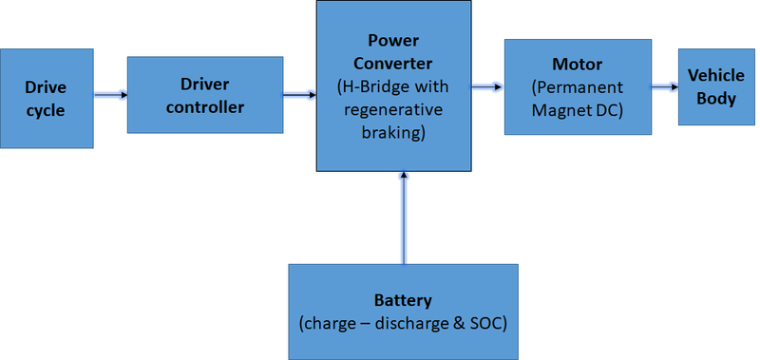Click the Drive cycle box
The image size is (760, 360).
[x=47, y=99]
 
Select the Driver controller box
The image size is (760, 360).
[x=204, y=94]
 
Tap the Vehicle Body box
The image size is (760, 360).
[x=716, y=86]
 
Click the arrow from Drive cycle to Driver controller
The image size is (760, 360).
[x=110, y=94]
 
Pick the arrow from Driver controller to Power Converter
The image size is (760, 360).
[x=300, y=94]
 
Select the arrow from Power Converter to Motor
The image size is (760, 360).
[x=487, y=86]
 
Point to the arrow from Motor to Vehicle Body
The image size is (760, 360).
[x=664, y=86]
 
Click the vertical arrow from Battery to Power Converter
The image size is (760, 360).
[x=404, y=218]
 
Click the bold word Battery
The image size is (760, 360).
[x=403, y=301]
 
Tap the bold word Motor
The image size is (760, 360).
[x=578, y=65]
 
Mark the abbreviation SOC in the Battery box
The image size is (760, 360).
[x=484, y=323]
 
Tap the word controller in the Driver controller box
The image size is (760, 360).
[x=205, y=106]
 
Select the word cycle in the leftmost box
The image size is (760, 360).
[x=46, y=110]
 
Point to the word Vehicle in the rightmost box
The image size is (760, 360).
[x=716, y=75]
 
